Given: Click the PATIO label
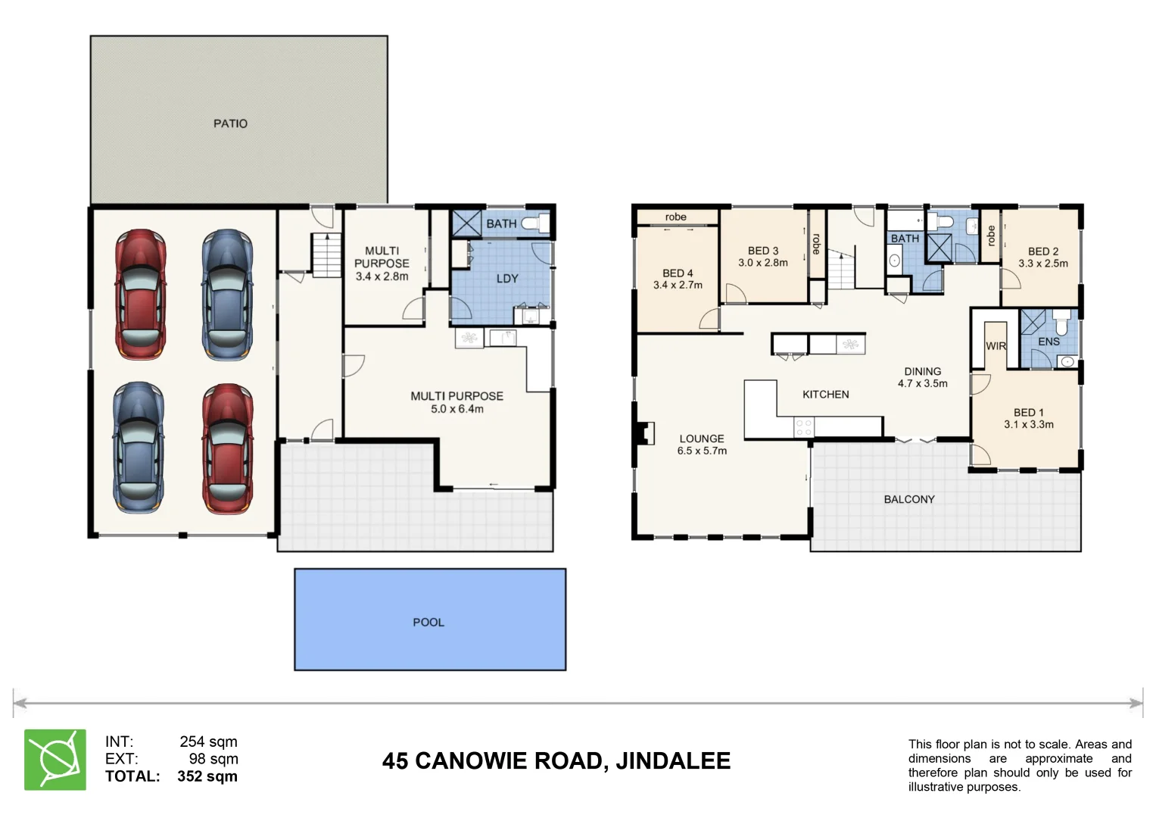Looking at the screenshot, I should tap(230, 123).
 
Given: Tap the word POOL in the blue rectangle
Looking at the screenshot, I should tap(428, 622).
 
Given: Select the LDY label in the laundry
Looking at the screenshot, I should tap(507, 279).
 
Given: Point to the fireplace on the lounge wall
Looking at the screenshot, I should tap(644, 432).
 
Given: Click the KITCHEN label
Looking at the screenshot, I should tap(825, 395).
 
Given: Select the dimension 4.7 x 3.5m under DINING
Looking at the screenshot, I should tap(922, 384).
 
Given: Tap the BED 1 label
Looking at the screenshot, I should tap(1028, 413).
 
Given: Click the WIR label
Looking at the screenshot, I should tap(996, 346).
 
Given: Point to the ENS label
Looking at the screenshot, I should tap(1049, 342).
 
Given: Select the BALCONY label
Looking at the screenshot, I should tap(909, 499).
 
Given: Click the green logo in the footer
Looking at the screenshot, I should tap(55, 760).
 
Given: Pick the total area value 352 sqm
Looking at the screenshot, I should tap(207, 776).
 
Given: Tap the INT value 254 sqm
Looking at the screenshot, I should tap(208, 742).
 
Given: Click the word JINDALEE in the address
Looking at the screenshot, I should tap(673, 760).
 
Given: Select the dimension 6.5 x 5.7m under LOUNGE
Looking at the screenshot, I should tap(702, 451).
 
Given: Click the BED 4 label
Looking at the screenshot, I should tap(678, 273).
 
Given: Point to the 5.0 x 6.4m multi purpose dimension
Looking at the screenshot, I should tap(456, 409).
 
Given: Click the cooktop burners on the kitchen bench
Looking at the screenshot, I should tap(804, 427).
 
